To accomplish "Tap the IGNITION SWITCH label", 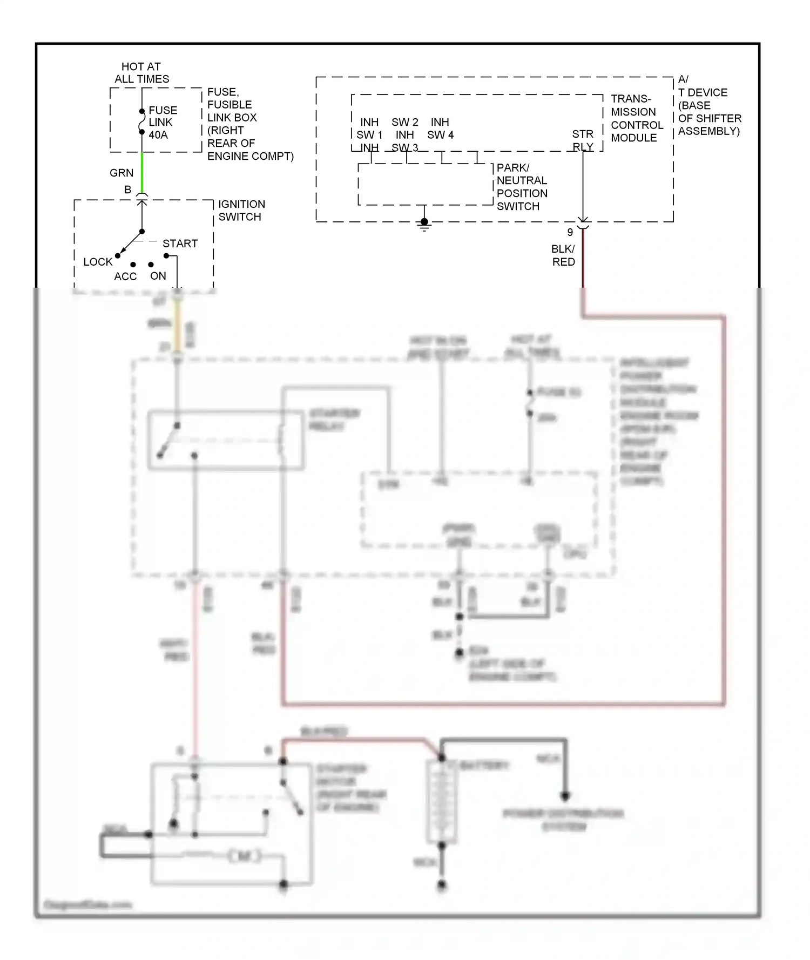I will point(241,211).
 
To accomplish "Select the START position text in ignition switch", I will point(180,244).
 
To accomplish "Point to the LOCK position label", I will point(98,262).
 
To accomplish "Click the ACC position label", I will point(125,276).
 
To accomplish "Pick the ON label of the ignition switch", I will point(158,276).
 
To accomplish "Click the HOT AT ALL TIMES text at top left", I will point(141,73).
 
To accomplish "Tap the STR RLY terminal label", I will point(583,140).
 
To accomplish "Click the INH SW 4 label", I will point(440,129).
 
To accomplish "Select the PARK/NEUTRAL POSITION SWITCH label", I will point(521,187).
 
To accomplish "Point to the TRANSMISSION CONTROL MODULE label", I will point(636,118).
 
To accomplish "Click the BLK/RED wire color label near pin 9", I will point(563,255).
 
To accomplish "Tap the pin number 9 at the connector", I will point(570,232).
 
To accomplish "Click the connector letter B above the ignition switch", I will point(128,190).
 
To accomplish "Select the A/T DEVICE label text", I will point(708,105).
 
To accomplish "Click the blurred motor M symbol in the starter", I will point(244,856).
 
